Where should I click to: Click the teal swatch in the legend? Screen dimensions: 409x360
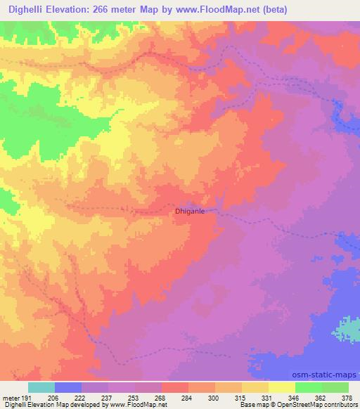tap(41, 387)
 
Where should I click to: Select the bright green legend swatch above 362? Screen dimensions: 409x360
tap(308, 387)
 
